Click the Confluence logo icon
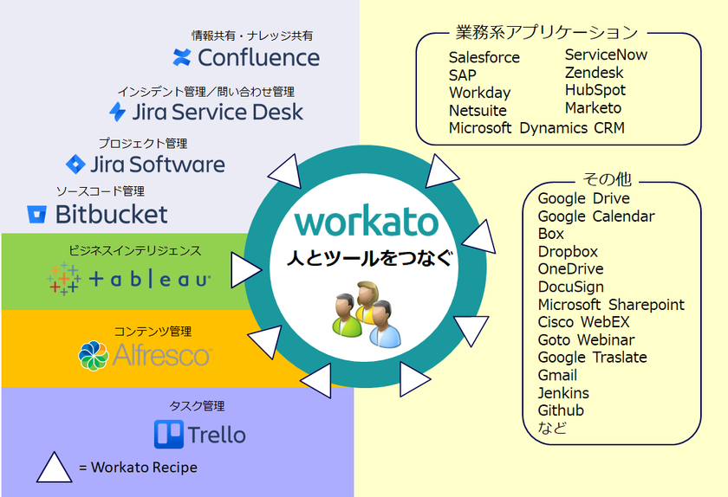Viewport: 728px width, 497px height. point(181,57)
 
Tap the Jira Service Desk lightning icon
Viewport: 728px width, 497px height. point(118,112)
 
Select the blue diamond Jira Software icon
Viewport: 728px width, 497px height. point(75,165)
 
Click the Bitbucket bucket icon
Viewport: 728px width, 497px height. point(36,215)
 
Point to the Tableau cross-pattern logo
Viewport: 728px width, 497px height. point(64,279)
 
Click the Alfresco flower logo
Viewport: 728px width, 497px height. point(94,356)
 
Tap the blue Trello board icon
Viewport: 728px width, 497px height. point(169,435)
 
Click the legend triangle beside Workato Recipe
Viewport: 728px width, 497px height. point(55,468)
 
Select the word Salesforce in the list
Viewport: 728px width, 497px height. point(484,57)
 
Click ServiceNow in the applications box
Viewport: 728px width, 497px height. point(606,55)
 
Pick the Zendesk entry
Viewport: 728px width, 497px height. point(594,73)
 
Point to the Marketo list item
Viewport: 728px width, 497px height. point(593,107)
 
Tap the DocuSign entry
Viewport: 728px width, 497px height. point(570,287)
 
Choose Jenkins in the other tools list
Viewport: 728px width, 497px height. point(563,393)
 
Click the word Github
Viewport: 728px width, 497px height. point(561,410)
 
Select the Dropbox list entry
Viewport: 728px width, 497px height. point(568,251)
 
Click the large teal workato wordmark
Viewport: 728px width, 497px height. point(367,222)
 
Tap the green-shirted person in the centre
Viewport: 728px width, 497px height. point(347,315)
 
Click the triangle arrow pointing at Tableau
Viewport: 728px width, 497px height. point(246,270)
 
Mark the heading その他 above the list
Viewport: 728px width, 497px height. point(607,179)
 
